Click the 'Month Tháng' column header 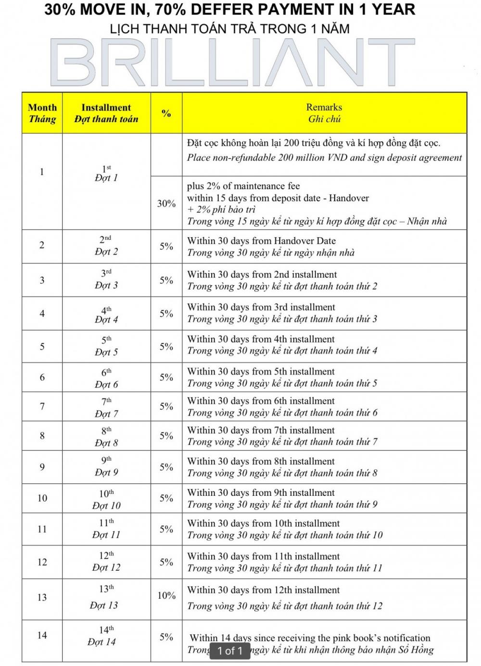42,113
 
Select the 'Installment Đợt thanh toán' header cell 106,113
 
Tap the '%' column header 166,113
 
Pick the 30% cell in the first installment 166,203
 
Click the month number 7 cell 42,407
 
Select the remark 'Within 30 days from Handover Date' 261,241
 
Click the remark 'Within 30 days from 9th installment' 261,493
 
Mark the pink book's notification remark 310,638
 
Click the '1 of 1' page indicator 230,651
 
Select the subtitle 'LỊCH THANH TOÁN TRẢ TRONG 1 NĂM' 229,28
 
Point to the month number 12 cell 42,562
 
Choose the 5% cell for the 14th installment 166,637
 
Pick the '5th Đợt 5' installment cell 106,346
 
